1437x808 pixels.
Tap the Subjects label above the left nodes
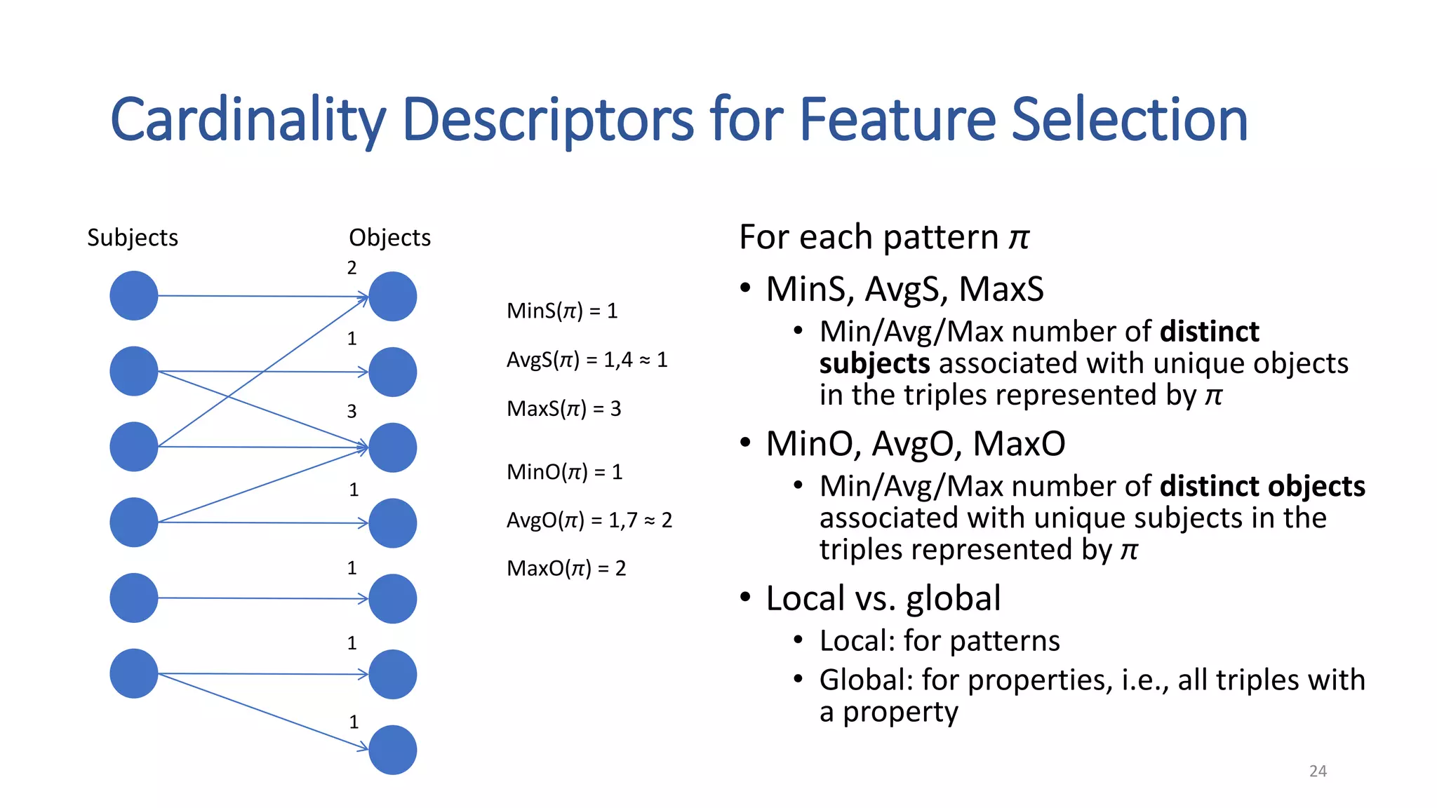click(133, 238)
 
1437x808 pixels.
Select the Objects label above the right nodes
click(389, 238)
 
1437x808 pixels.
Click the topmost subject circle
click(134, 296)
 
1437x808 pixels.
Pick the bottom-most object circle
click(393, 750)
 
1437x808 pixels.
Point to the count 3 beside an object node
click(352, 412)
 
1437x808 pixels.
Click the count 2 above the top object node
click(352, 268)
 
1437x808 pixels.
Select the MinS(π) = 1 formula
click(562, 311)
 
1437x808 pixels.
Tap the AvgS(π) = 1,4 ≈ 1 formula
click(587, 360)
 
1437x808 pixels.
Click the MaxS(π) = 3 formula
click(563, 409)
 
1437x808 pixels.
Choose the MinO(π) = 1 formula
click(564, 472)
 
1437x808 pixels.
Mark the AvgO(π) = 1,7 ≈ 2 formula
click(589, 520)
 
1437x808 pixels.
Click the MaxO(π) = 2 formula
click(566, 568)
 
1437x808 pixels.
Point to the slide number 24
click(1318, 772)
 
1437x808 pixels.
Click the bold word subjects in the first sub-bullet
click(874, 363)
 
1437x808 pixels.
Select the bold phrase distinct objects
click(1262, 486)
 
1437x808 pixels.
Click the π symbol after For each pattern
click(1019, 238)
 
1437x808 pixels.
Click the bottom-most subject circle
click(134, 673)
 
